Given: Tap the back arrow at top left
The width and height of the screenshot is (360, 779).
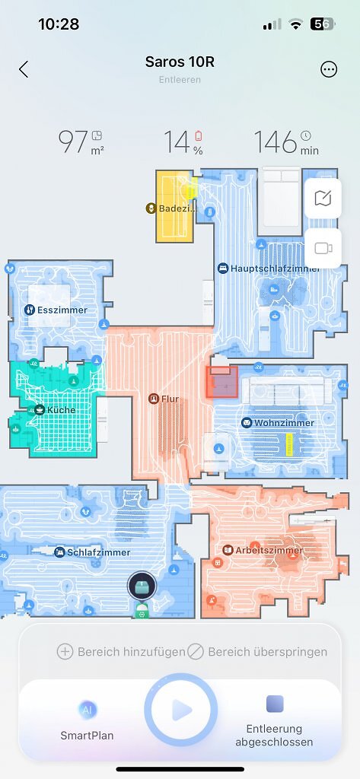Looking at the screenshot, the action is pos(24,69).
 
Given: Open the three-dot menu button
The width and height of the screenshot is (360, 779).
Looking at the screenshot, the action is pos(329,69).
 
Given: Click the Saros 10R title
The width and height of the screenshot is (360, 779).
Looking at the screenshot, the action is pos(180,62).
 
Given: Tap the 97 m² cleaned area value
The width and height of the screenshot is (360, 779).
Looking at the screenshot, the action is pos(81,142).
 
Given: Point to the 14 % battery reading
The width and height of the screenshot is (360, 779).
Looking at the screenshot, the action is pos(183,142).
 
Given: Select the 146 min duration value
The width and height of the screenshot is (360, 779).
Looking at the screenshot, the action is pos(286,142).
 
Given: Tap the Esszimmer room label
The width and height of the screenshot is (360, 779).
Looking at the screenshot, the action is pos(62,310).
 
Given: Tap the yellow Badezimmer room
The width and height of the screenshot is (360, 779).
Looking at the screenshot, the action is pos(174,206).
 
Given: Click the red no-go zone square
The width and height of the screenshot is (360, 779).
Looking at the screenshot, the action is pos(221,382).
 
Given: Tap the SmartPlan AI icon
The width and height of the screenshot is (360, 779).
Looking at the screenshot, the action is pos(87,710).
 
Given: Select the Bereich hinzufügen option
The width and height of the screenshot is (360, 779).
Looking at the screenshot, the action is pos(121,651).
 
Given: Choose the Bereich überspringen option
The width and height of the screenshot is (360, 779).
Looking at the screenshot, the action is pos(257,651).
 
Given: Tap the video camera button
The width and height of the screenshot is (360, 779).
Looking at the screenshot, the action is pos(323,249).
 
